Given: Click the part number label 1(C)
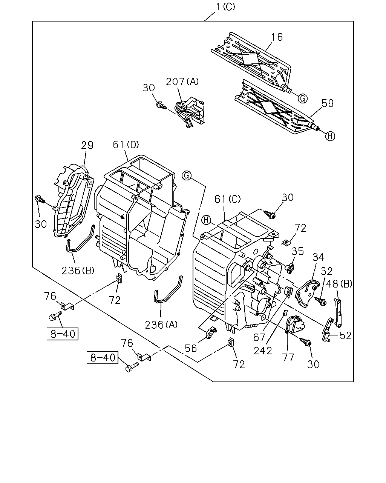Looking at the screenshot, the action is click(x=225, y=7).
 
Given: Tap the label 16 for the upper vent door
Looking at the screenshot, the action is click(x=277, y=37).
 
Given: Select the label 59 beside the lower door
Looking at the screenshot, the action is click(x=328, y=103).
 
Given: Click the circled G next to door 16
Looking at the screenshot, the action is click(x=303, y=98).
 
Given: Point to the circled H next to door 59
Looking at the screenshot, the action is click(x=330, y=136).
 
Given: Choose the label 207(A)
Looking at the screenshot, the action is click(x=182, y=82).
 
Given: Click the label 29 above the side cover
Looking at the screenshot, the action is click(x=87, y=145).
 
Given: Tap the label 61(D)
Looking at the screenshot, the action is click(x=126, y=145).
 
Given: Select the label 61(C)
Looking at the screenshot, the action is click(x=227, y=199).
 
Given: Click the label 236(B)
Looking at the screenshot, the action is click(x=78, y=271).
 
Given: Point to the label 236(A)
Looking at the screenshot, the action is click(x=161, y=325).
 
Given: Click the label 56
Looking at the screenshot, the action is click(x=191, y=348).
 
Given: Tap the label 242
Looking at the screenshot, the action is click(x=263, y=351).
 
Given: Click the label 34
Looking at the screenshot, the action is click(x=318, y=257).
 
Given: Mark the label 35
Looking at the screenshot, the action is click(x=298, y=251).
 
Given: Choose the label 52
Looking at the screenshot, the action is click(x=346, y=335).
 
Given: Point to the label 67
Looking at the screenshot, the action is click(x=259, y=337).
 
